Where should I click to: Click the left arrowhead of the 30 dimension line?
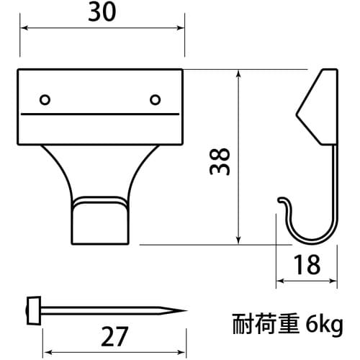[x=22, y=29]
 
